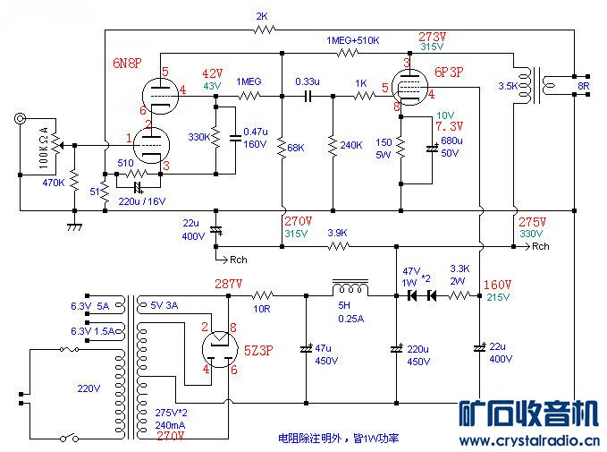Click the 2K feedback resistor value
click(x=262, y=16)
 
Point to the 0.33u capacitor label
click(x=308, y=81)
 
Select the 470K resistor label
click(x=55, y=183)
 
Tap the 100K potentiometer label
click(x=46, y=143)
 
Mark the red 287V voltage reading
click(x=229, y=283)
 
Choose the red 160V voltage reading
click(x=499, y=286)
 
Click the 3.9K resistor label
click(x=337, y=233)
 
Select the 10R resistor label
click(x=261, y=310)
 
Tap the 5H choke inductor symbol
click(x=350, y=288)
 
